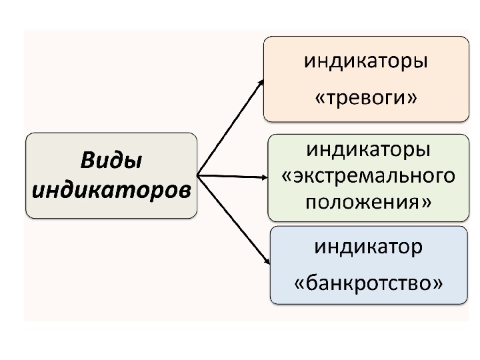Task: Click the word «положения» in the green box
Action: pyautogui.click(x=363, y=201)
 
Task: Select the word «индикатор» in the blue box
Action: pyautogui.click(x=368, y=247)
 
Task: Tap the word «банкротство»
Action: pyautogui.click(x=368, y=283)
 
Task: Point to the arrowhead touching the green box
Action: pyautogui.click(x=265, y=177)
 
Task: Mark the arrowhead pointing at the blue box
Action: pyautogui.click(x=265, y=262)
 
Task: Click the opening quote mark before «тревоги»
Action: pyautogui.click(x=319, y=99)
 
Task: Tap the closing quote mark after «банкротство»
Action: pyautogui.click(x=437, y=285)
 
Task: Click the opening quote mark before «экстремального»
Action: pyautogui.click(x=287, y=177)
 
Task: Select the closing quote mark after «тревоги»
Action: pyautogui.click(x=413, y=99)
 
